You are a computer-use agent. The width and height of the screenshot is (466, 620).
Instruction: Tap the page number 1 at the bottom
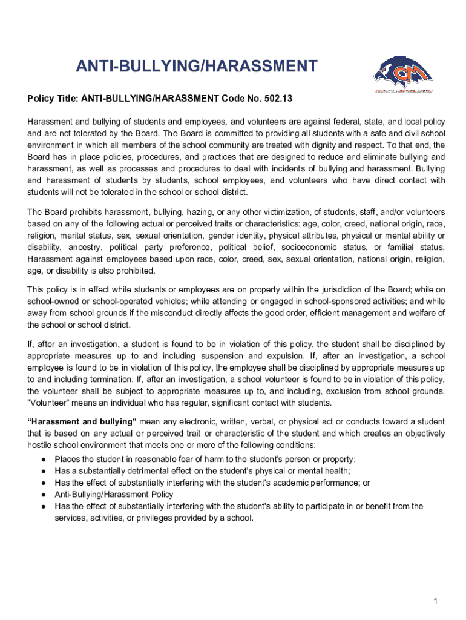(x=435, y=601)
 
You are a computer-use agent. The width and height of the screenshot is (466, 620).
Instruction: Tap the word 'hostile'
(x=41, y=446)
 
